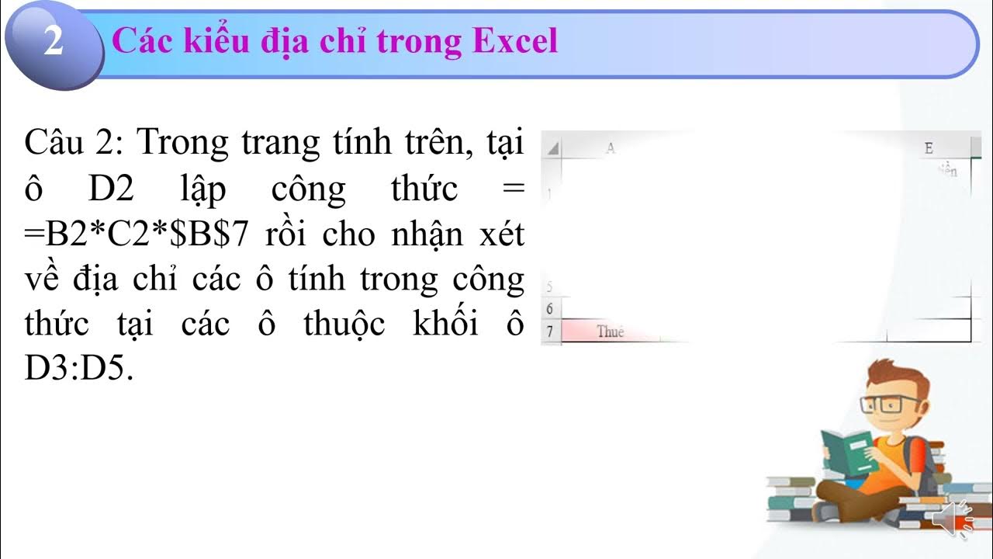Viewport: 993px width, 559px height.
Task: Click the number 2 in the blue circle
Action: coord(53,43)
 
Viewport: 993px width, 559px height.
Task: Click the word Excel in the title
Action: coord(515,41)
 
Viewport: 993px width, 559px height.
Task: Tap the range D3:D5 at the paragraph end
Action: coord(79,370)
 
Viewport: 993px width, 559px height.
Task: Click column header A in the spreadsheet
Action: coord(611,148)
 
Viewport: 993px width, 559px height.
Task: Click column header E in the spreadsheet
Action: coord(929,148)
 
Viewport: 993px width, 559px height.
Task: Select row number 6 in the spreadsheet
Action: coord(549,309)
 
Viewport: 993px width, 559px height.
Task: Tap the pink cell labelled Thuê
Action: coord(610,332)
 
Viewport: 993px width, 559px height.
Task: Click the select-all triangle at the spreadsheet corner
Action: coord(553,148)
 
